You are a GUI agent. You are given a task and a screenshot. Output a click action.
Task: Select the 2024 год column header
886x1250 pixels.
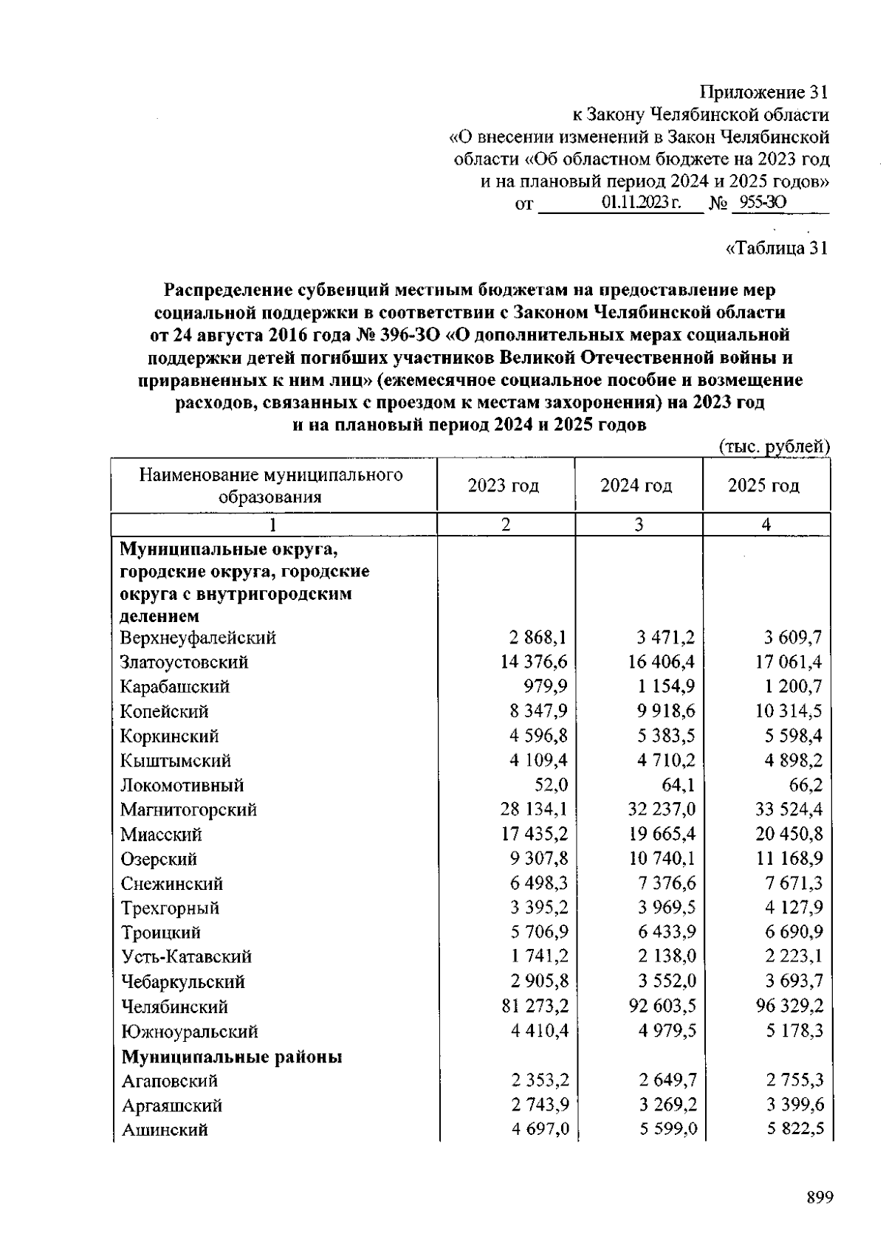(636, 486)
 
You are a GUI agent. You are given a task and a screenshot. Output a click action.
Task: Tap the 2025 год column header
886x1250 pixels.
(763, 486)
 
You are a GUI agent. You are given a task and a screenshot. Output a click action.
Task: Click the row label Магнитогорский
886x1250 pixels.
(188, 809)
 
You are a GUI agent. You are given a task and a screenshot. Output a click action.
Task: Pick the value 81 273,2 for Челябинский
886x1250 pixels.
(535, 1006)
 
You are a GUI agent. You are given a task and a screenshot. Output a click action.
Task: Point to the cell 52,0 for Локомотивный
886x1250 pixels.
(550, 785)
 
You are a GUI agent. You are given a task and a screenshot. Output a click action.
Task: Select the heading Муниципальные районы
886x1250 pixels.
(231, 1057)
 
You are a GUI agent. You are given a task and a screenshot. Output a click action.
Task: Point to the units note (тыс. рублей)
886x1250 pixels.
(775, 446)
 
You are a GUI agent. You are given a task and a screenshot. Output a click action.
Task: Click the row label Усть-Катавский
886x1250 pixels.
(186, 957)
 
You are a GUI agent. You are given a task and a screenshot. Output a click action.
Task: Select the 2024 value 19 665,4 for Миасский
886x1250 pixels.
(662, 835)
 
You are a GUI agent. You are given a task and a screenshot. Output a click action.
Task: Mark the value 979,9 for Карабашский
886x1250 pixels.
(545, 687)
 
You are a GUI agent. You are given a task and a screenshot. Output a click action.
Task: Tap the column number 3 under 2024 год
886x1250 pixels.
(638, 525)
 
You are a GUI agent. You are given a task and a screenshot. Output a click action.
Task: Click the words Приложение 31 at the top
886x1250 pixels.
(763, 92)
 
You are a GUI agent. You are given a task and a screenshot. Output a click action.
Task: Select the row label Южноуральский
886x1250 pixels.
(189, 1032)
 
